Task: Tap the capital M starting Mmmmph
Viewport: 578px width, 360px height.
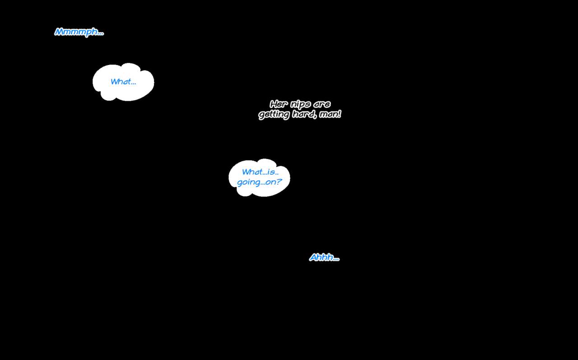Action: pos(59,32)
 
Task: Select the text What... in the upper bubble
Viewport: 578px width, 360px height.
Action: pos(123,82)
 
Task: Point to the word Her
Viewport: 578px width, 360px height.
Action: pos(279,104)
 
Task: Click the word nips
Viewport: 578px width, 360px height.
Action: pos(300,105)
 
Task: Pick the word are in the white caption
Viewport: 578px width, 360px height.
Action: pos(322,104)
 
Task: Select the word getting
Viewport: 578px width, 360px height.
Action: pos(274,115)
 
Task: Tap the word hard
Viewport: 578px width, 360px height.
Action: pos(303,114)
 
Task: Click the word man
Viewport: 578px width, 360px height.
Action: pos(328,114)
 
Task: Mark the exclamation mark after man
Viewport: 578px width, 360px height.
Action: pos(339,114)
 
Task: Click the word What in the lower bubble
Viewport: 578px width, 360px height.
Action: pos(252,172)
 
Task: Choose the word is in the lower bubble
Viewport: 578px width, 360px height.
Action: pos(271,172)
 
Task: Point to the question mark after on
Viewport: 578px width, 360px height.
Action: pos(279,182)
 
